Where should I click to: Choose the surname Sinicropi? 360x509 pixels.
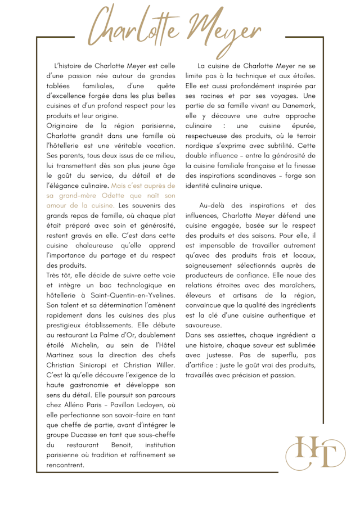(101, 364)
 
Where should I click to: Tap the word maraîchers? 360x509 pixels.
(295, 285)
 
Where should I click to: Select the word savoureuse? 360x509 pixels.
(204, 325)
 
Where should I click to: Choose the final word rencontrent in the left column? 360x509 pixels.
(65, 465)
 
